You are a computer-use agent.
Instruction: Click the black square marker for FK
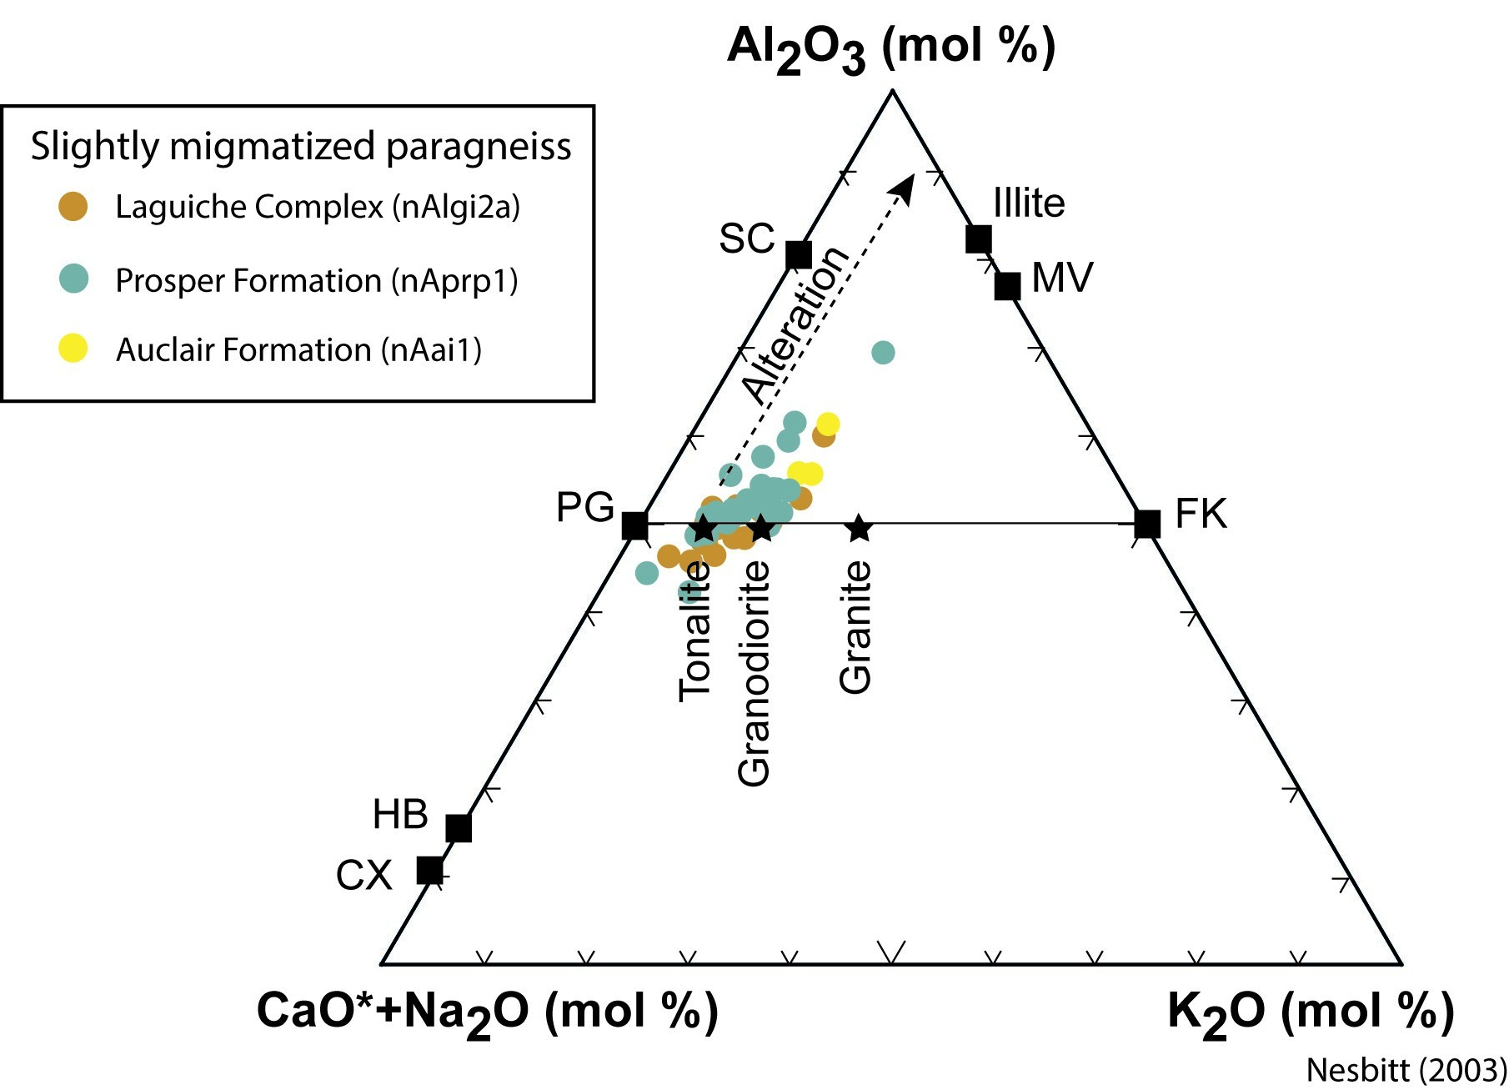[1147, 524]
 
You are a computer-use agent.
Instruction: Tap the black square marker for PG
[635, 526]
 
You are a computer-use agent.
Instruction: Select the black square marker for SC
[799, 254]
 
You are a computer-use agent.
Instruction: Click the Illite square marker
[978, 239]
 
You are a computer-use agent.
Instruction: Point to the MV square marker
[1007, 286]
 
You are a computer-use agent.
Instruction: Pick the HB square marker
[459, 828]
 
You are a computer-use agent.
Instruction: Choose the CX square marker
[429, 871]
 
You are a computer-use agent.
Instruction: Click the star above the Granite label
[859, 528]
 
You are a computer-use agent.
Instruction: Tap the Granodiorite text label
[754, 674]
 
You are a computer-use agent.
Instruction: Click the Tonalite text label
[694, 630]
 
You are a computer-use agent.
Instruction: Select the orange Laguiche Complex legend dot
[73, 206]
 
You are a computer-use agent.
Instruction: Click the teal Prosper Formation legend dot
[73, 279]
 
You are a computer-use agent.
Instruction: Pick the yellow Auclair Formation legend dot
[73, 349]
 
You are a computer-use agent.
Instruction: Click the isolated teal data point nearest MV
[883, 353]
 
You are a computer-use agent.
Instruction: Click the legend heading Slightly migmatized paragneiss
[301, 147]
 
